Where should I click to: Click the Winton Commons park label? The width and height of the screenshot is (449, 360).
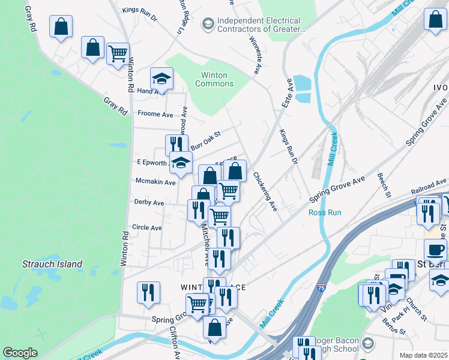214,79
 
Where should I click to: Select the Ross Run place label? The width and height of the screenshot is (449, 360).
324,212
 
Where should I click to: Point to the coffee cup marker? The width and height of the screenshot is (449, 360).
435,249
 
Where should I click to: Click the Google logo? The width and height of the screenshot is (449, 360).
20,353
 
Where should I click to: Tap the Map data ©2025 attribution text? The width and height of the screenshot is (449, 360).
423,355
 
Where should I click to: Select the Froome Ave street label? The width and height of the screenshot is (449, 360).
155,114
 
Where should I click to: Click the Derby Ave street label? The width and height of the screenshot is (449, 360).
149,203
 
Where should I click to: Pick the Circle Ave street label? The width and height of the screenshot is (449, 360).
147,228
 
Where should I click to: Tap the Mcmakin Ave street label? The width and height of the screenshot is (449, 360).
155,182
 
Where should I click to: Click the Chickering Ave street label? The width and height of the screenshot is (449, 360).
264,192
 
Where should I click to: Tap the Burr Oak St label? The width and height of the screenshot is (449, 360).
206,142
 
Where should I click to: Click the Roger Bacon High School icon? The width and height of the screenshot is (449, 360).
368,344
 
